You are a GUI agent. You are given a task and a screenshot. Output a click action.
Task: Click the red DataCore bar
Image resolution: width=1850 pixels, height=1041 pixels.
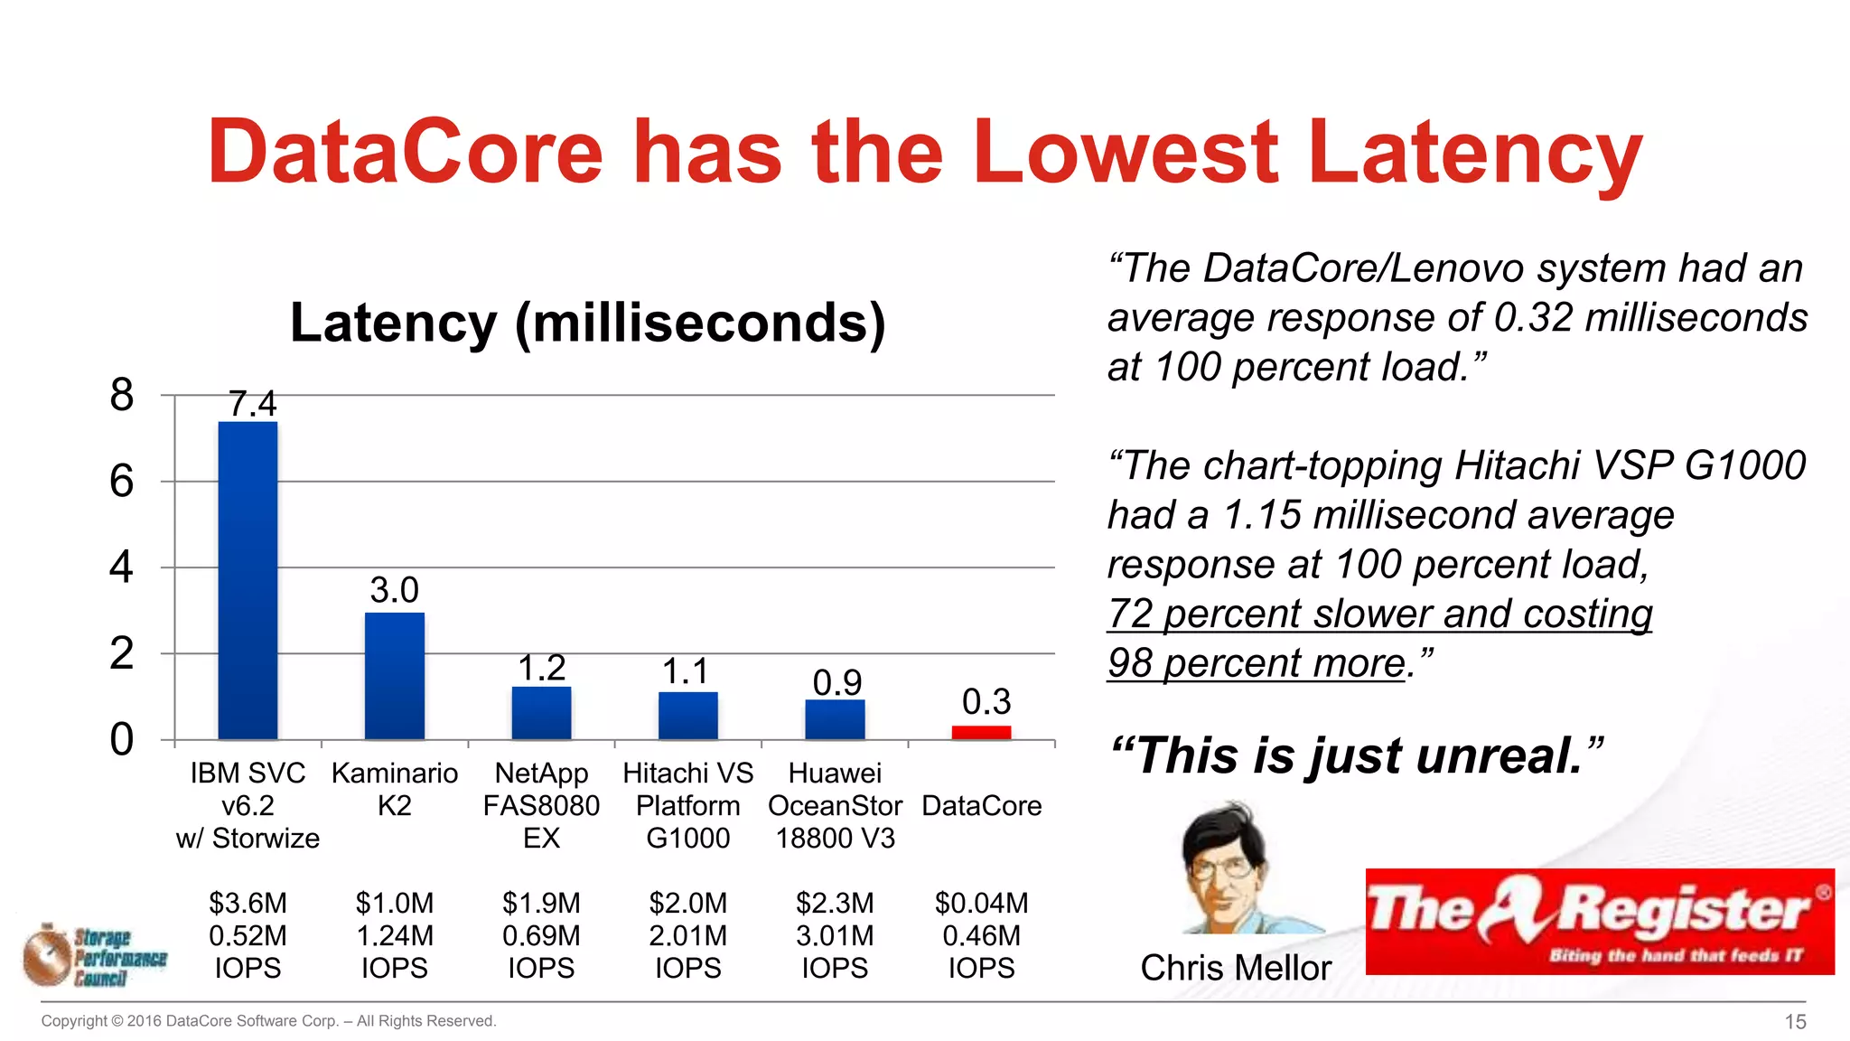point(981,732)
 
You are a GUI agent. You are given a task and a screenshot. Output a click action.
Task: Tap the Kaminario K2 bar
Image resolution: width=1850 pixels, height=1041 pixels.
point(395,676)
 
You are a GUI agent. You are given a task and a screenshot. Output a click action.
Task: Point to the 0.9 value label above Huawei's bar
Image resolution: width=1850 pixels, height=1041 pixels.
point(836,682)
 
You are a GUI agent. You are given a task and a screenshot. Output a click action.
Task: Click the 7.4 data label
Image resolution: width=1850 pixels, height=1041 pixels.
point(252,403)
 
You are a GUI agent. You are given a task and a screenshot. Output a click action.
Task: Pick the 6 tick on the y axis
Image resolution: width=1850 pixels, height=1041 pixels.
point(121,482)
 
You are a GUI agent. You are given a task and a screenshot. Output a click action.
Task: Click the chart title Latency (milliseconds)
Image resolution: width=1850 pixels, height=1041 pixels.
point(587,323)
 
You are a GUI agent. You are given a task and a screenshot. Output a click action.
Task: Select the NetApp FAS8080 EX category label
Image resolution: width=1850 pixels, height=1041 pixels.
point(541,805)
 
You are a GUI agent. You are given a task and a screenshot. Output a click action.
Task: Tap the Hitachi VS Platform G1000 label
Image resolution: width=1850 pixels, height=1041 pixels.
point(687,805)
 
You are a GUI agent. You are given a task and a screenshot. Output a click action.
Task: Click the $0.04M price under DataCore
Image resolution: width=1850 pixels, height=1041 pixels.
point(981,903)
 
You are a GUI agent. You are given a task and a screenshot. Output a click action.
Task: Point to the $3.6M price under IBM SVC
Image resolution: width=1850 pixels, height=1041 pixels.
point(248,903)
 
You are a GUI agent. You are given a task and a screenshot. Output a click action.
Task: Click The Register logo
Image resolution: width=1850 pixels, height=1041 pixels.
point(1599,921)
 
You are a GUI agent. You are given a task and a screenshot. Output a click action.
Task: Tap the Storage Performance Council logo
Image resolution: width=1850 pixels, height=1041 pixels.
point(96,956)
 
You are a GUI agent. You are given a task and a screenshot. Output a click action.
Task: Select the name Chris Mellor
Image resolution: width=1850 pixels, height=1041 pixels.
point(1235,968)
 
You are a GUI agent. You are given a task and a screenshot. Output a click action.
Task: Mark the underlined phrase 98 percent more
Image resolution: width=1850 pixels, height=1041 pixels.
point(1257,663)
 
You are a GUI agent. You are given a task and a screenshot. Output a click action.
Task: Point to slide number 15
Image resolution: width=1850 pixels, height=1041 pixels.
point(1795,1021)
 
